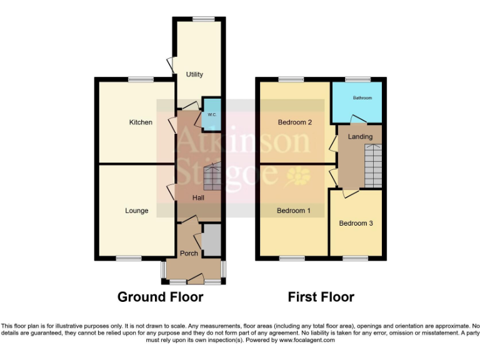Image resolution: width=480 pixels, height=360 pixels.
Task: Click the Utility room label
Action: point(194,74)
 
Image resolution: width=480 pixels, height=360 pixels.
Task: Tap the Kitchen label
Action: point(141,122)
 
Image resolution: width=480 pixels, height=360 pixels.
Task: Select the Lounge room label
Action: point(136,211)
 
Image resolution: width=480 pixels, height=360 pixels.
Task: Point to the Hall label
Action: point(198,197)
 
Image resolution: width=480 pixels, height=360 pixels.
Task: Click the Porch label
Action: point(189,253)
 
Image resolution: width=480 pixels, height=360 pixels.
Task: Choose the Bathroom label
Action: point(362,98)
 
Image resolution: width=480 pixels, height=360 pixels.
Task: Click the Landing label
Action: point(360,136)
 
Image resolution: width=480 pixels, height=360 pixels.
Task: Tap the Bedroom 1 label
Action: point(294,211)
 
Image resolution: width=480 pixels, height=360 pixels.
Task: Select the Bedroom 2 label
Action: point(295,122)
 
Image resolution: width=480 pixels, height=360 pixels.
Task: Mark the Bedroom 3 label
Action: point(356,223)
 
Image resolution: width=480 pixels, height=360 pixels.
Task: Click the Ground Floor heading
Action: point(160,297)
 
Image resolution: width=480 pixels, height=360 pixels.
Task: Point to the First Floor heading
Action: point(321,297)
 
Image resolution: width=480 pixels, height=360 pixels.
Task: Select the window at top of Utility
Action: point(201,19)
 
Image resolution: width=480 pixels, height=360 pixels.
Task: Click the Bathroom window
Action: point(358,79)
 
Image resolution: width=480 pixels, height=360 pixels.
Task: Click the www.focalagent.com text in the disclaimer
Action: point(307,340)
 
